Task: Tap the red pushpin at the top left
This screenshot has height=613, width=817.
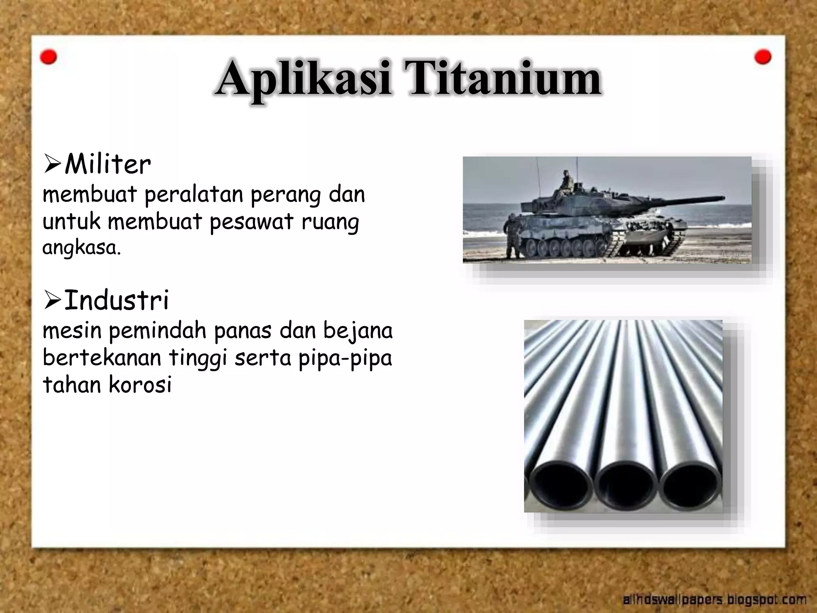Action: click(x=49, y=57)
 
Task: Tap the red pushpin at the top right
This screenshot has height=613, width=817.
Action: click(x=763, y=57)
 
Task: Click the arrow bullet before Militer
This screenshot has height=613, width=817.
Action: click(x=52, y=165)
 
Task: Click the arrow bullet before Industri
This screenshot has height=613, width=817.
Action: click(x=52, y=301)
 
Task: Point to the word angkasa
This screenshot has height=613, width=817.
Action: click(x=81, y=248)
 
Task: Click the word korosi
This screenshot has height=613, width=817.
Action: click(x=140, y=385)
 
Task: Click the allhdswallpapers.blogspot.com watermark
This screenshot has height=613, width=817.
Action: click(x=714, y=599)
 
